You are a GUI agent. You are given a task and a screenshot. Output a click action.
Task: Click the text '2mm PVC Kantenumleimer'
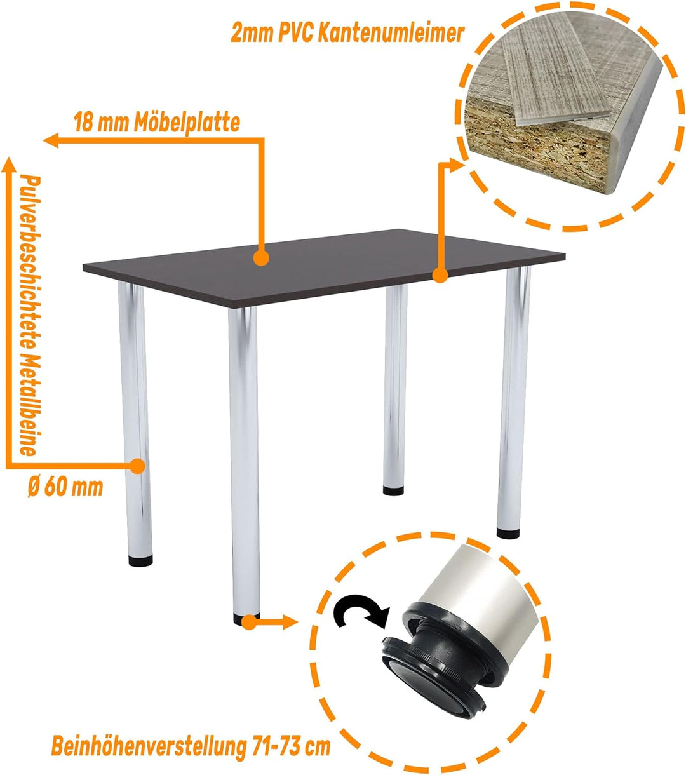coord(347,33)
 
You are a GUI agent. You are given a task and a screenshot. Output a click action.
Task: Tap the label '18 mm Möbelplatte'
coord(157,122)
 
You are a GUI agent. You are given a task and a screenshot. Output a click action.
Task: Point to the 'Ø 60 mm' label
coord(65,487)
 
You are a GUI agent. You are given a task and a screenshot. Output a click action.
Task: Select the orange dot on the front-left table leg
coord(137,466)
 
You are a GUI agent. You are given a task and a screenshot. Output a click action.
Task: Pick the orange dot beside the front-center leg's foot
coord(250,623)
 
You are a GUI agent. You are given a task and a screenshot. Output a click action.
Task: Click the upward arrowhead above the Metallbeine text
coord(9,166)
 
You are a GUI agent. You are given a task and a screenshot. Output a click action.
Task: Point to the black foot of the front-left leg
coord(141,561)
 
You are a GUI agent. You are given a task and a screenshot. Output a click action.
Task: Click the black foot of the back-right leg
coord(508,534)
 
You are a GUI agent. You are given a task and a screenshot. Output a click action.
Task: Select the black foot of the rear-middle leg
coord(394,490)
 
